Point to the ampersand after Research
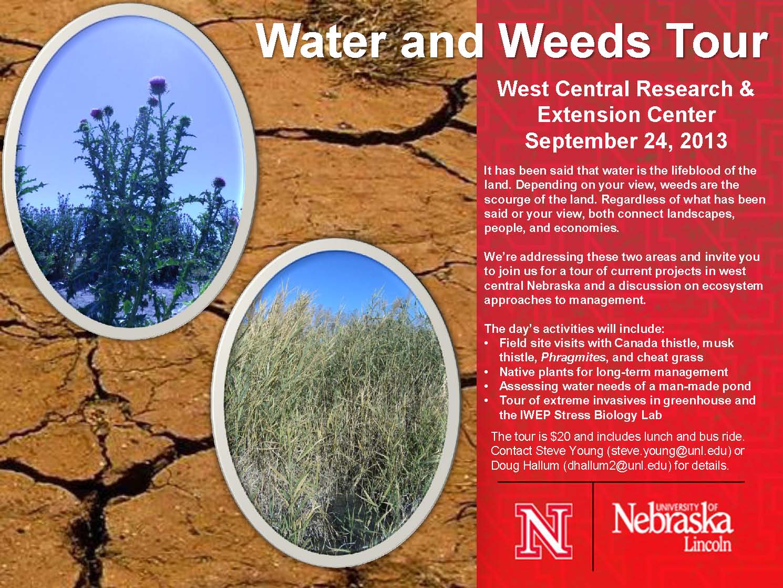pyautogui.click(x=746, y=88)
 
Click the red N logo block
pyautogui.click(x=544, y=531)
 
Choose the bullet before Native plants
pyautogui.click(x=487, y=372)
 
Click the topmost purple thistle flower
pyautogui.click(x=157, y=84)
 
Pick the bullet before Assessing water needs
pyautogui.click(x=487, y=387)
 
